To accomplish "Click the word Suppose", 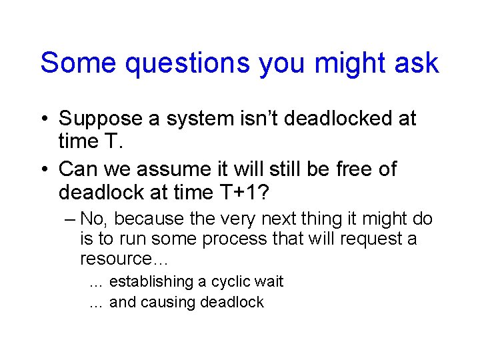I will (x=101, y=119).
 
